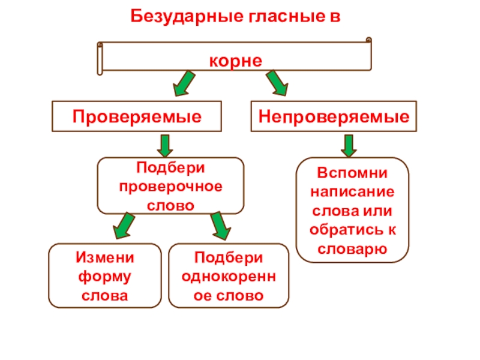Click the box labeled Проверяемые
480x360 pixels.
pyautogui.click(x=137, y=116)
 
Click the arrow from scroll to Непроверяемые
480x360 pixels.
pyautogui.click(x=276, y=83)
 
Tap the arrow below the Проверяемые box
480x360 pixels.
pyautogui.click(x=166, y=145)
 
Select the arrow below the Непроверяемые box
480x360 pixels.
pyautogui.click(x=348, y=145)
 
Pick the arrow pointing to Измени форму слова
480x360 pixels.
pyautogui.click(x=125, y=224)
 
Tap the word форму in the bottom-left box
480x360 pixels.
pyautogui.click(x=105, y=277)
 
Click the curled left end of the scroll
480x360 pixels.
pyautogui.click(x=101, y=58)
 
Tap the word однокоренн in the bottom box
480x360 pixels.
pyautogui.click(x=229, y=277)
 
